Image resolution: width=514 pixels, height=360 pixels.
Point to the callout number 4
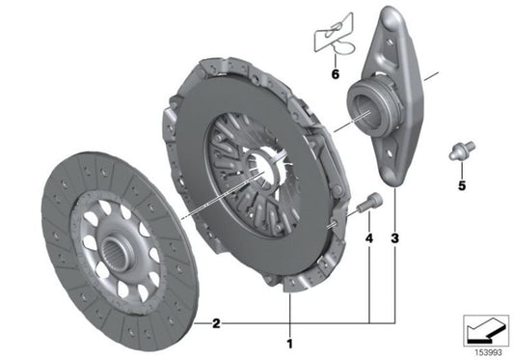pos(369,235)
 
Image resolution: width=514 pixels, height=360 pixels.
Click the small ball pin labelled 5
pos(460,152)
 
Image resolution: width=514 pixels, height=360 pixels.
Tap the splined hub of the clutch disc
pos(115,255)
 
